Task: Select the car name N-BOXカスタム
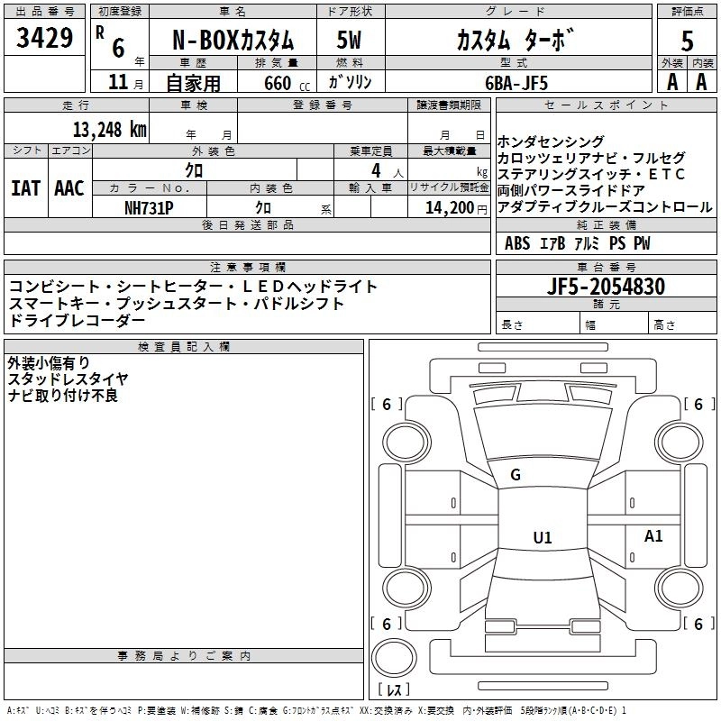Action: tap(233, 41)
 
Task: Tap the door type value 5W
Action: tap(350, 41)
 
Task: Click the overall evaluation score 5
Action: tap(687, 41)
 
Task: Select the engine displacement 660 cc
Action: tap(277, 82)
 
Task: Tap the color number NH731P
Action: tap(149, 206)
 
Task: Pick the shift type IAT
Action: tap(25, 188)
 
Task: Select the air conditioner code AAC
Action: tap(69, 188)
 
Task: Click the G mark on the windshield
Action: tap(516, 474)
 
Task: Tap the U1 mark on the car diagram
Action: tap(542, 538)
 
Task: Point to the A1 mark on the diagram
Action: tap(653, 536)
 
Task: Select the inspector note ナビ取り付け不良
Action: tap(63, 396)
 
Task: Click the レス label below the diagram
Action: tap(394, 690)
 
